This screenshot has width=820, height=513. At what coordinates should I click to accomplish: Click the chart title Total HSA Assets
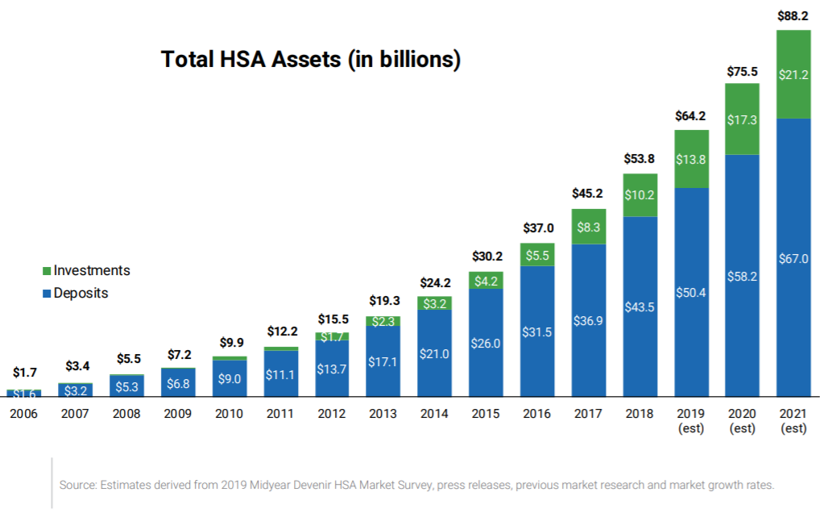pyautogui.click(x=311, y=60)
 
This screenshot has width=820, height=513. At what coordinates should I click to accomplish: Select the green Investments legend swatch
pyautogui.click(x=47, y=271)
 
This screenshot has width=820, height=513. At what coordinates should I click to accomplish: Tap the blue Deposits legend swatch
pyautogui.click(x=47, y=294)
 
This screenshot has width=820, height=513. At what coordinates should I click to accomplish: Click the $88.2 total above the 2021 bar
pyautogui.click(x=793, y=15)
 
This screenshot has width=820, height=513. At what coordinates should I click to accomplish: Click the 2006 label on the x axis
pyautogui.click(x=24, y=414)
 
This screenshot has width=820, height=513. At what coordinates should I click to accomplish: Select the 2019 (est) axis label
pyautogui.click(x=691, y=420)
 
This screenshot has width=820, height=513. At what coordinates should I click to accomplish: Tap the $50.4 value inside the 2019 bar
pyautogui.click(x=691, y=292)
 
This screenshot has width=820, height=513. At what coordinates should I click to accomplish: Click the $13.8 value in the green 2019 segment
pyautogui.click(x=691, y=160)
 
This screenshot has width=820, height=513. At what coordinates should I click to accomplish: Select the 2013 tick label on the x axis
pyautogui.click(x=383, y=414)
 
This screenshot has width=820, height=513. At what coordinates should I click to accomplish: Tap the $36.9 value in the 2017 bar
pyautogui.click(x=588, y=320)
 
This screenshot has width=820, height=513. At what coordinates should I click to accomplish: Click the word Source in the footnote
pyautogui.click(x=78, y=485)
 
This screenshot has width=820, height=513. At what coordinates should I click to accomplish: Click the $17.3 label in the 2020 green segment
pyautogui.click(x=742, y=119)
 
